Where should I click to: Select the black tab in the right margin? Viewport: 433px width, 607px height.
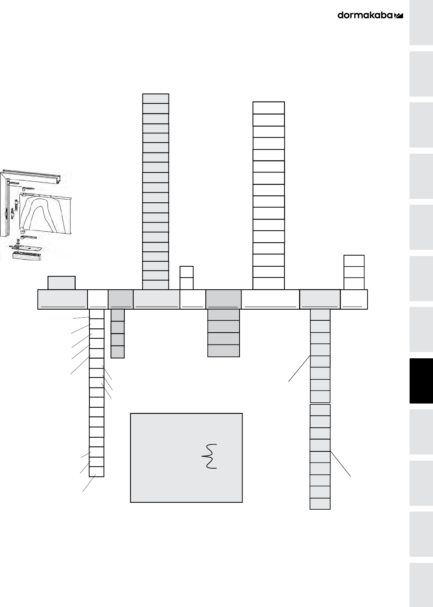pyautogui.click(x=421, y=381)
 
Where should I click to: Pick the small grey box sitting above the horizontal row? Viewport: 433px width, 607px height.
pyautogui.click(x=61, y=283)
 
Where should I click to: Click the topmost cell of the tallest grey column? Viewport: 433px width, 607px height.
pyautogui.click(x=155, y=98)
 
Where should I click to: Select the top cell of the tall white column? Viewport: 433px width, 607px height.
pyautogui.click(x=269, y=108)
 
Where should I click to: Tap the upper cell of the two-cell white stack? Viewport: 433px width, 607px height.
pyautogui.click(x=187, y=272)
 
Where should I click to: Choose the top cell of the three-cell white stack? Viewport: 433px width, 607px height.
pyautogui.click(x=354, y=261)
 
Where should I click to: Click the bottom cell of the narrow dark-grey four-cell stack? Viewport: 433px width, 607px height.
pyautogui.click(x=117, y=352)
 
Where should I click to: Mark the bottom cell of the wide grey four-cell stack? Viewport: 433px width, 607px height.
pyautogui.click(x=223, y=351)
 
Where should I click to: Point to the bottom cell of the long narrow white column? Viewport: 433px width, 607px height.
pyautogui.click(x=97, y=472)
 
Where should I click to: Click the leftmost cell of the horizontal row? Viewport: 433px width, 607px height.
pyautogui.click(x=62, y=299)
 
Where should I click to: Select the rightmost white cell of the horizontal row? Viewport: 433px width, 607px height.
pyautogui.click(x=354, y=299)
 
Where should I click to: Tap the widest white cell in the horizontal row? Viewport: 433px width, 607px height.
pyautogui.click(x=270, y=299)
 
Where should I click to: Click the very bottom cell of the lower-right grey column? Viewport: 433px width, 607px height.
pyautogui.click(x=320, y=504)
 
